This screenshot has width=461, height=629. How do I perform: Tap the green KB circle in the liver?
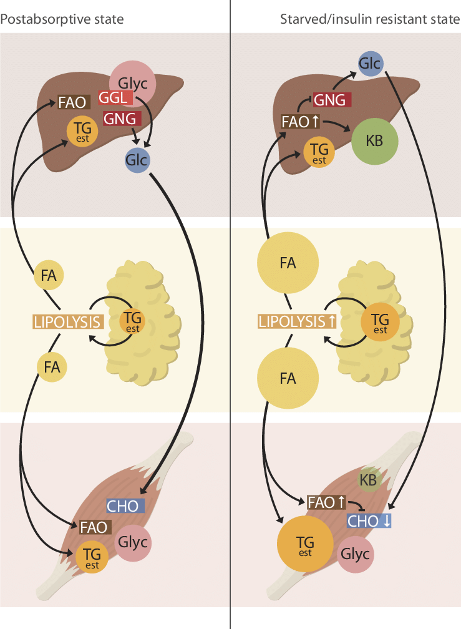(374, 141)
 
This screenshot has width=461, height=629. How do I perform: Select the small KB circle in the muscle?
(368, 480)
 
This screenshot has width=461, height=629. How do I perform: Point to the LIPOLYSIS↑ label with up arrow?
(298, 321)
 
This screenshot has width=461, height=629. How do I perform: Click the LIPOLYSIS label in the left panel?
(68, 322)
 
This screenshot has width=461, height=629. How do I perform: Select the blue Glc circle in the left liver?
(137, 160)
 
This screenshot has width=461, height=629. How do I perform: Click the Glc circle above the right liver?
(370, 64)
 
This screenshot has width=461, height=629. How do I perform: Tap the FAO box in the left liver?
(73, 102)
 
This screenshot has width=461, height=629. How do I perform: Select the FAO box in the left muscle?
(94, 527)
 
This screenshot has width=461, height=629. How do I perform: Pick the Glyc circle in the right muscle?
(356, 554)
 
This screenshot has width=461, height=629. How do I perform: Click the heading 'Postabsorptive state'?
(62, 19)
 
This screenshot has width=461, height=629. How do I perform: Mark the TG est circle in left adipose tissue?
(132, 321)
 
